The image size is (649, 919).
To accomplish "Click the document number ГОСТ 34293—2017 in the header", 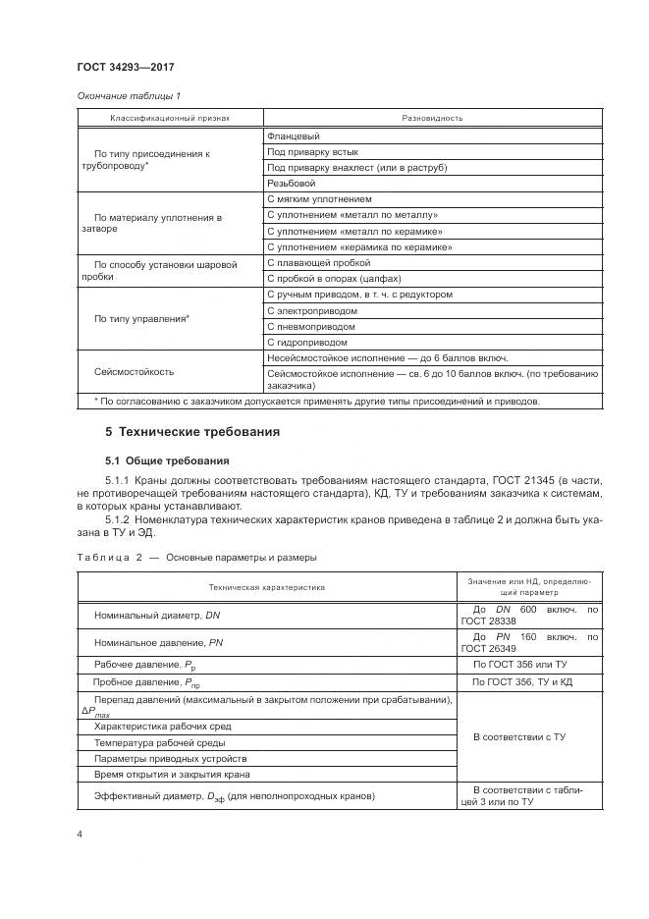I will click(126, 69).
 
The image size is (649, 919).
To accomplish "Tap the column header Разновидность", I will click(432, 118).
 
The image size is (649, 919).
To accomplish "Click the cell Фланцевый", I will click(294, 136).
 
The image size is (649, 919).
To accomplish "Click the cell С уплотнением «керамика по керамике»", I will click(358, 247).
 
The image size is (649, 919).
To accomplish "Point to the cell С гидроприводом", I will click(306, 343).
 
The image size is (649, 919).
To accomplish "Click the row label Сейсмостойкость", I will click(134, 372).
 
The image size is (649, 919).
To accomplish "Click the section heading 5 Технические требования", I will click(192, 432).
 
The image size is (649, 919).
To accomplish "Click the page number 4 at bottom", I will click(80, 834).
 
